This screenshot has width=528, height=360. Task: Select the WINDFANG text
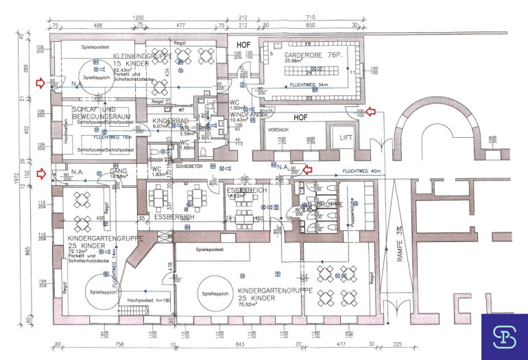tap(240, 113)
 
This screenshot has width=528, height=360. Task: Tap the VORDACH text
tap(278, 129)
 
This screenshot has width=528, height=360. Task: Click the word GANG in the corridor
tap(119, 171)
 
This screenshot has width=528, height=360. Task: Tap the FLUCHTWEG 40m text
tap(357, 171)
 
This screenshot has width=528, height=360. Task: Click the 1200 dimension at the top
tap(138, 17)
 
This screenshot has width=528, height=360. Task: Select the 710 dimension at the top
tap(330, 17)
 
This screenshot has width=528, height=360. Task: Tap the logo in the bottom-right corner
tap(504, 336)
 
